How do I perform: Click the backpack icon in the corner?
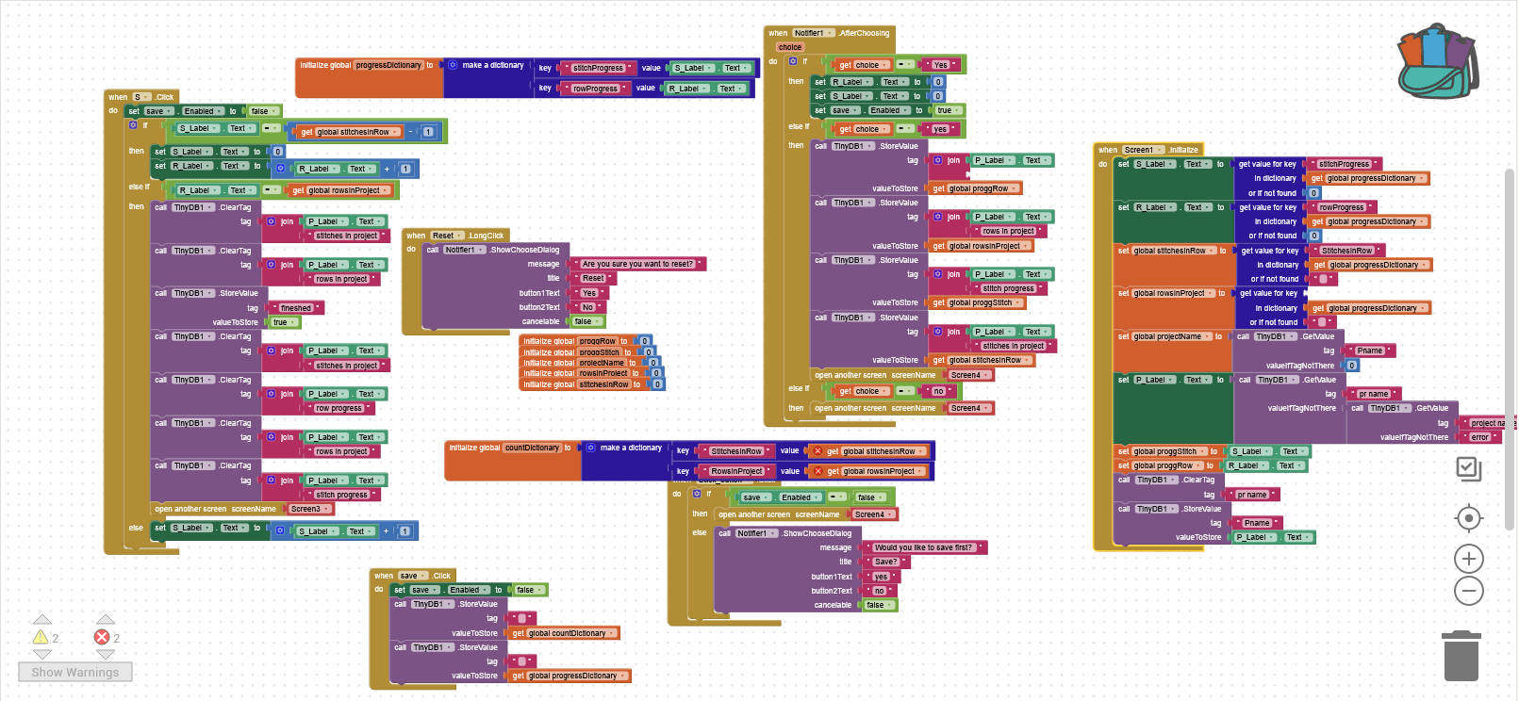click(x=1437, y=62)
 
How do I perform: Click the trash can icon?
click(x=1461, y=656)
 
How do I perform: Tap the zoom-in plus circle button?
click(x=1468, y=559)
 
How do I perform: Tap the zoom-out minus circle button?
click(x=1468, y=592)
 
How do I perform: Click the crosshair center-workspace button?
click(x=1468, y=518)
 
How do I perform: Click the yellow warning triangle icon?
click(x=41, y=638)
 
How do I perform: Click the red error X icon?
click(x=102, y=638)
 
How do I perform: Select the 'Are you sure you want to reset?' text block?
click(x=637, y=264)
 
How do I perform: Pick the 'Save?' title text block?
click(x=886, y=562)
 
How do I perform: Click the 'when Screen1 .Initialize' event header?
click(x=1148, y=150)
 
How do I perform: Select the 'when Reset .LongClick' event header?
click(x=455, y=236)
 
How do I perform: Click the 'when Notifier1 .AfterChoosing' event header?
click(x=828, y=33)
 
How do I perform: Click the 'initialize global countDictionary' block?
click(x=504, y=448)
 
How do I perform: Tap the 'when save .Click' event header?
click(x=412, y=576)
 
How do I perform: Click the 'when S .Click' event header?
click(x=140, y=97)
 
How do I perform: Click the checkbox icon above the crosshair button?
click(x=1468, y=468)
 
